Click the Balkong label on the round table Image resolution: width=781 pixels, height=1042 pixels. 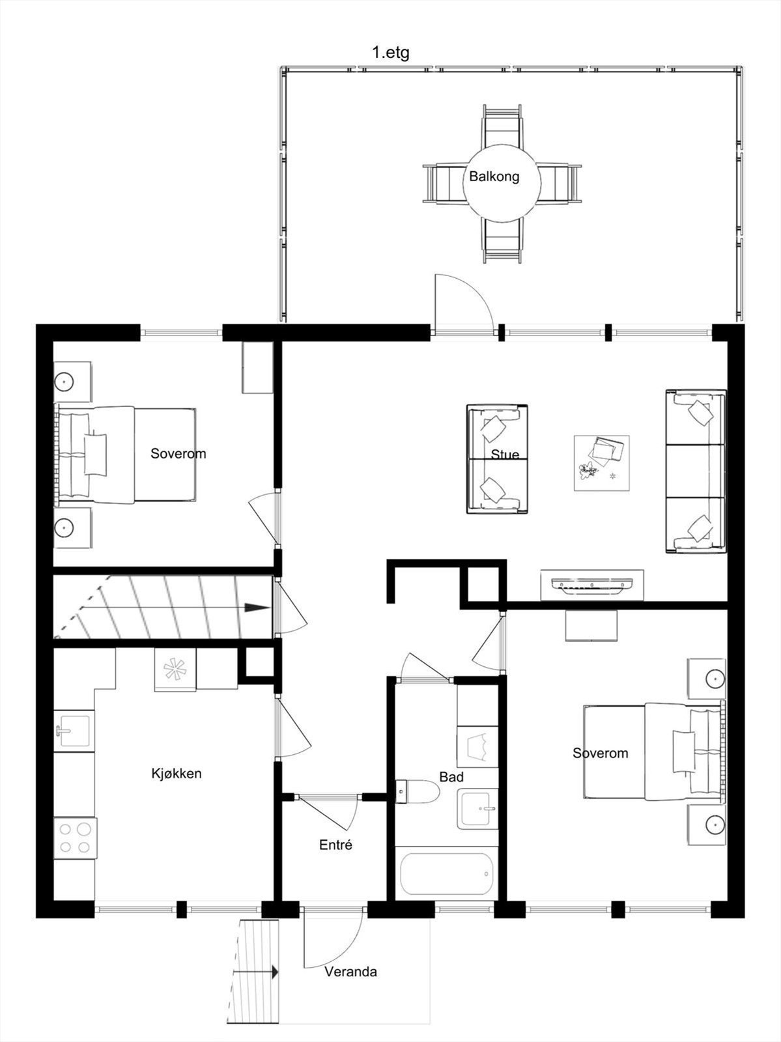click(x=494, y=176)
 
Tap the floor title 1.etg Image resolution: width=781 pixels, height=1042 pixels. click(x=390, y=53)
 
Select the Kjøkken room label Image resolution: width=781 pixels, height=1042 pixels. click(x=177, y=773)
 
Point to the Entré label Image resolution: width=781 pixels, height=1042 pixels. click(x=335, y=845)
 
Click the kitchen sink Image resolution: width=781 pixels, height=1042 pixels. click(x=74, y=731)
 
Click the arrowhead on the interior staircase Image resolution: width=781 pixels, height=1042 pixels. click(x=257, y=608)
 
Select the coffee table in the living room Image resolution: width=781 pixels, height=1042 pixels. click(x=601, y=463)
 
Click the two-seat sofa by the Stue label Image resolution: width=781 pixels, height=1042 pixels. click(x=497, y=459)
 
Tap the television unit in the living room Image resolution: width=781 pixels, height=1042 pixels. click(x=592, y=585)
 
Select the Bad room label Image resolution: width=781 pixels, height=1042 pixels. click(x=451, y=777)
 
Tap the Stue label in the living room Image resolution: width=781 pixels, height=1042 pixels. click(x=505, y=455)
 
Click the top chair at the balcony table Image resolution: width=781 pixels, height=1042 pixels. click(x=502, y=126)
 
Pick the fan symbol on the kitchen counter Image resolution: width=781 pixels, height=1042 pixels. click(x=175, y=670)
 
